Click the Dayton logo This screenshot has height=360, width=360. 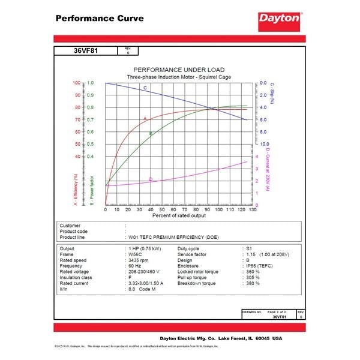(x=279, y=18)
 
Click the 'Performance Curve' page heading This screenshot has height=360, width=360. (x=100, y=18)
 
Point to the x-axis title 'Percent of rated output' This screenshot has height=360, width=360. (x=179, y=215)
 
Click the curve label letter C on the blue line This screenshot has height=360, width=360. (x=145, y=88)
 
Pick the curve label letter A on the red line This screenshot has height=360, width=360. (x=145, y=118)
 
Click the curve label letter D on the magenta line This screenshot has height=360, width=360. (x=150, y=179)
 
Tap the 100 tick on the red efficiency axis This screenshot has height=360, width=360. (x=76, y=83)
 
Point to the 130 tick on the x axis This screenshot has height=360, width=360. (x=253, y=209)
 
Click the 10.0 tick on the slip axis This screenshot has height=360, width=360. (x=263, y=144)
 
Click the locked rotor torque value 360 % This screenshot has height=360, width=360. (x=253, y=272)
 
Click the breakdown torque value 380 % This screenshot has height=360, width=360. (x=253, y=283)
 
